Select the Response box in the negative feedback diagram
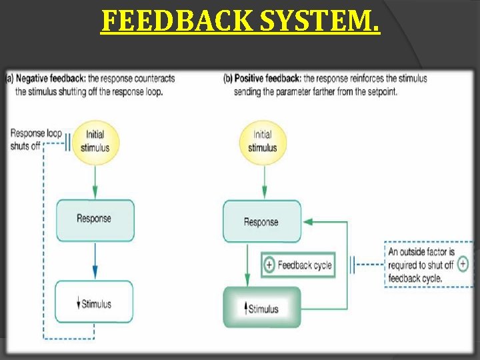click(x=94, y=219)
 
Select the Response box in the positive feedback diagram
click(x=261, y=222)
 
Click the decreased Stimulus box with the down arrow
click(x=94, y=304)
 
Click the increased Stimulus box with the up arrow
click(x=261, y=308)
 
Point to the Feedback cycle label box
click(x=297, y=265)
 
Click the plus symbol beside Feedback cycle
click(x=269, y=265)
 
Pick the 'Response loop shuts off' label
click(x=35, y=139)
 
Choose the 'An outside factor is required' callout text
click(x=421, y=265)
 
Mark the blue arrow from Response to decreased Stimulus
click(x=95, y=260)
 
